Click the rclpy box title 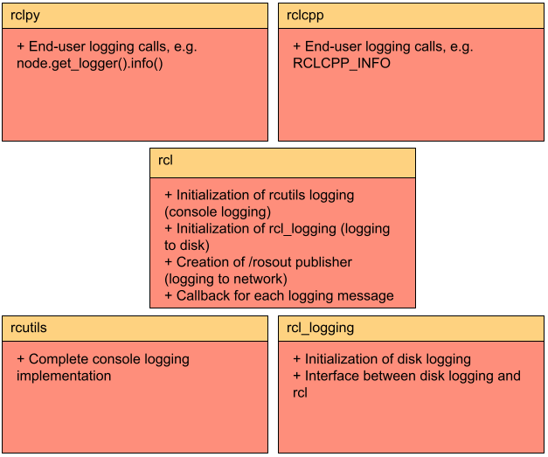point(25,15)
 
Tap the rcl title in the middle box point(165,161)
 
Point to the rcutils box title point(29,328)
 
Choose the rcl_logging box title point(320,328)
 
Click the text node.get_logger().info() point(90,64)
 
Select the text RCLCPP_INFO point(340,64)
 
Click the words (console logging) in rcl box point(218,211)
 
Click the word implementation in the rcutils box point(64,376)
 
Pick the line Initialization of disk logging point(387,359)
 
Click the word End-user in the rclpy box point(59,47)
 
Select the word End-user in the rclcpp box point(336,47)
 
